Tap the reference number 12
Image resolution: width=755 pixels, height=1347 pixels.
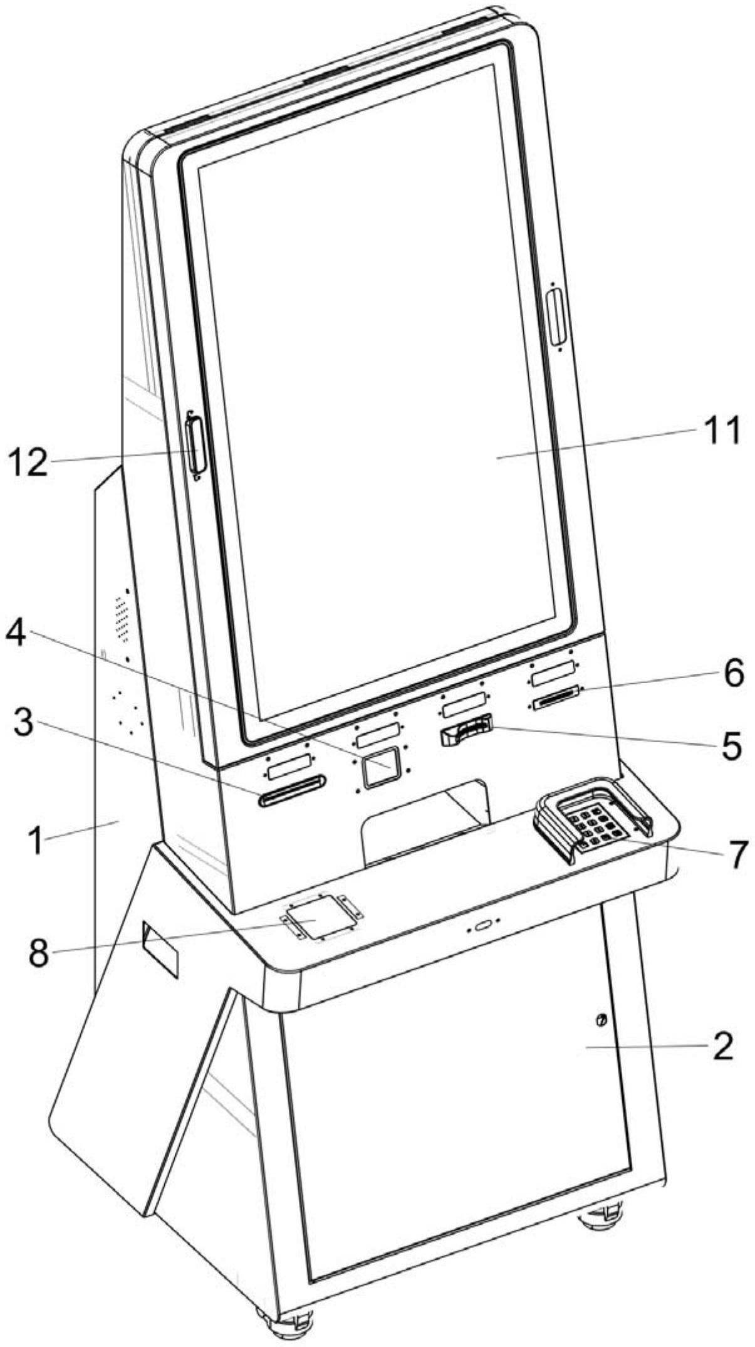pos(28,464)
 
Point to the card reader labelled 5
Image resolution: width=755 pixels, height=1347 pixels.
pos(466,731)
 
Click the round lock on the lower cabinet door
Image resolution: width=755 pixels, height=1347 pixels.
pos(601,1020)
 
